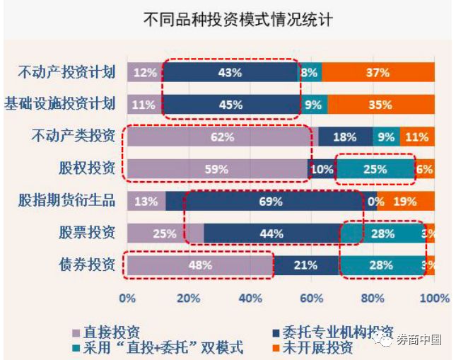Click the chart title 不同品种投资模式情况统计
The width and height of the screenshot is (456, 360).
[228, 19]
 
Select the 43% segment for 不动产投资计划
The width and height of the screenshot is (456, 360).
[230, 72]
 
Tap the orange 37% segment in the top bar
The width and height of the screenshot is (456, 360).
[378, 72]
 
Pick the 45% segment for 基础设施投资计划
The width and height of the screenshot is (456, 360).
[230, 105]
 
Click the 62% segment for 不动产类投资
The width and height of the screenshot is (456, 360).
[222, 137]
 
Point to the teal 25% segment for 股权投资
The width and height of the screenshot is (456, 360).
[375, 169]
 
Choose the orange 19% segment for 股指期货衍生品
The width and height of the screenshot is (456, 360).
[405, 202]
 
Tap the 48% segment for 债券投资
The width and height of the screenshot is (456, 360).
[201, 266]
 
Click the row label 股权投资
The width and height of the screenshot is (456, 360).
[87, 169]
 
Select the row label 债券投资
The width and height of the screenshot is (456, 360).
[87, 265]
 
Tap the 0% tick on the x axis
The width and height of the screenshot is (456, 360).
[127, 298]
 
